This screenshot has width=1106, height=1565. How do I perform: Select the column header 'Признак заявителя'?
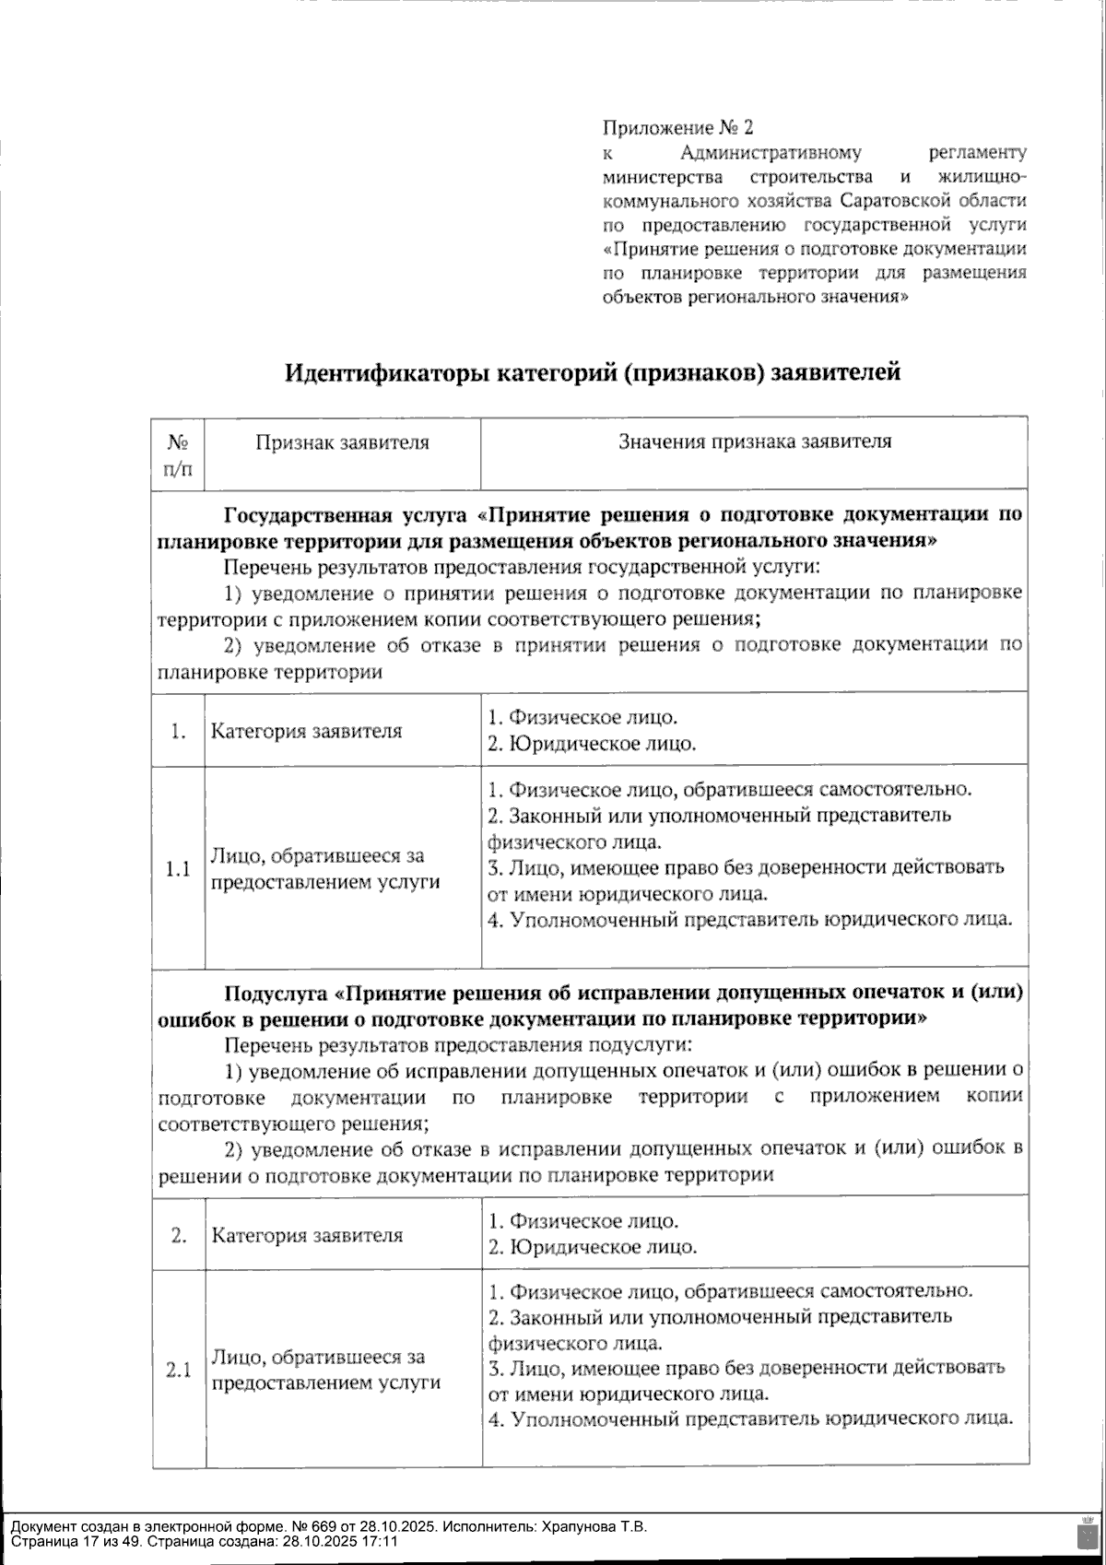tap(342, 442)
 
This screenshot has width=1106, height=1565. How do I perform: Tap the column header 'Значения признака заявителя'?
tap(754, 441)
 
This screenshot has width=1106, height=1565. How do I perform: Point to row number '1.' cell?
tap(179, 731)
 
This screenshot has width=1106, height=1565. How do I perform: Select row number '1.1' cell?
tap(179, 869)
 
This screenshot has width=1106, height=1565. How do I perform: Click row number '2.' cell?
tap(179, 1235)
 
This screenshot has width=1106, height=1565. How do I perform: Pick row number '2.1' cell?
tap(179, 1370)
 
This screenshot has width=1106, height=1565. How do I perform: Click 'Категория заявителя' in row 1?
tap(306, 732)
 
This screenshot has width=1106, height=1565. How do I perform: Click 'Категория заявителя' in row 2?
tap(306, 1236)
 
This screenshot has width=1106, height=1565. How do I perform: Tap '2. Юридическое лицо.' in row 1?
tap(591, 744)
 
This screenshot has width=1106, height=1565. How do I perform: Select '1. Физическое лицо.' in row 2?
tap(582, 1221)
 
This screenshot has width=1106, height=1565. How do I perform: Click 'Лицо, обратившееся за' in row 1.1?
tap(318, 856)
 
